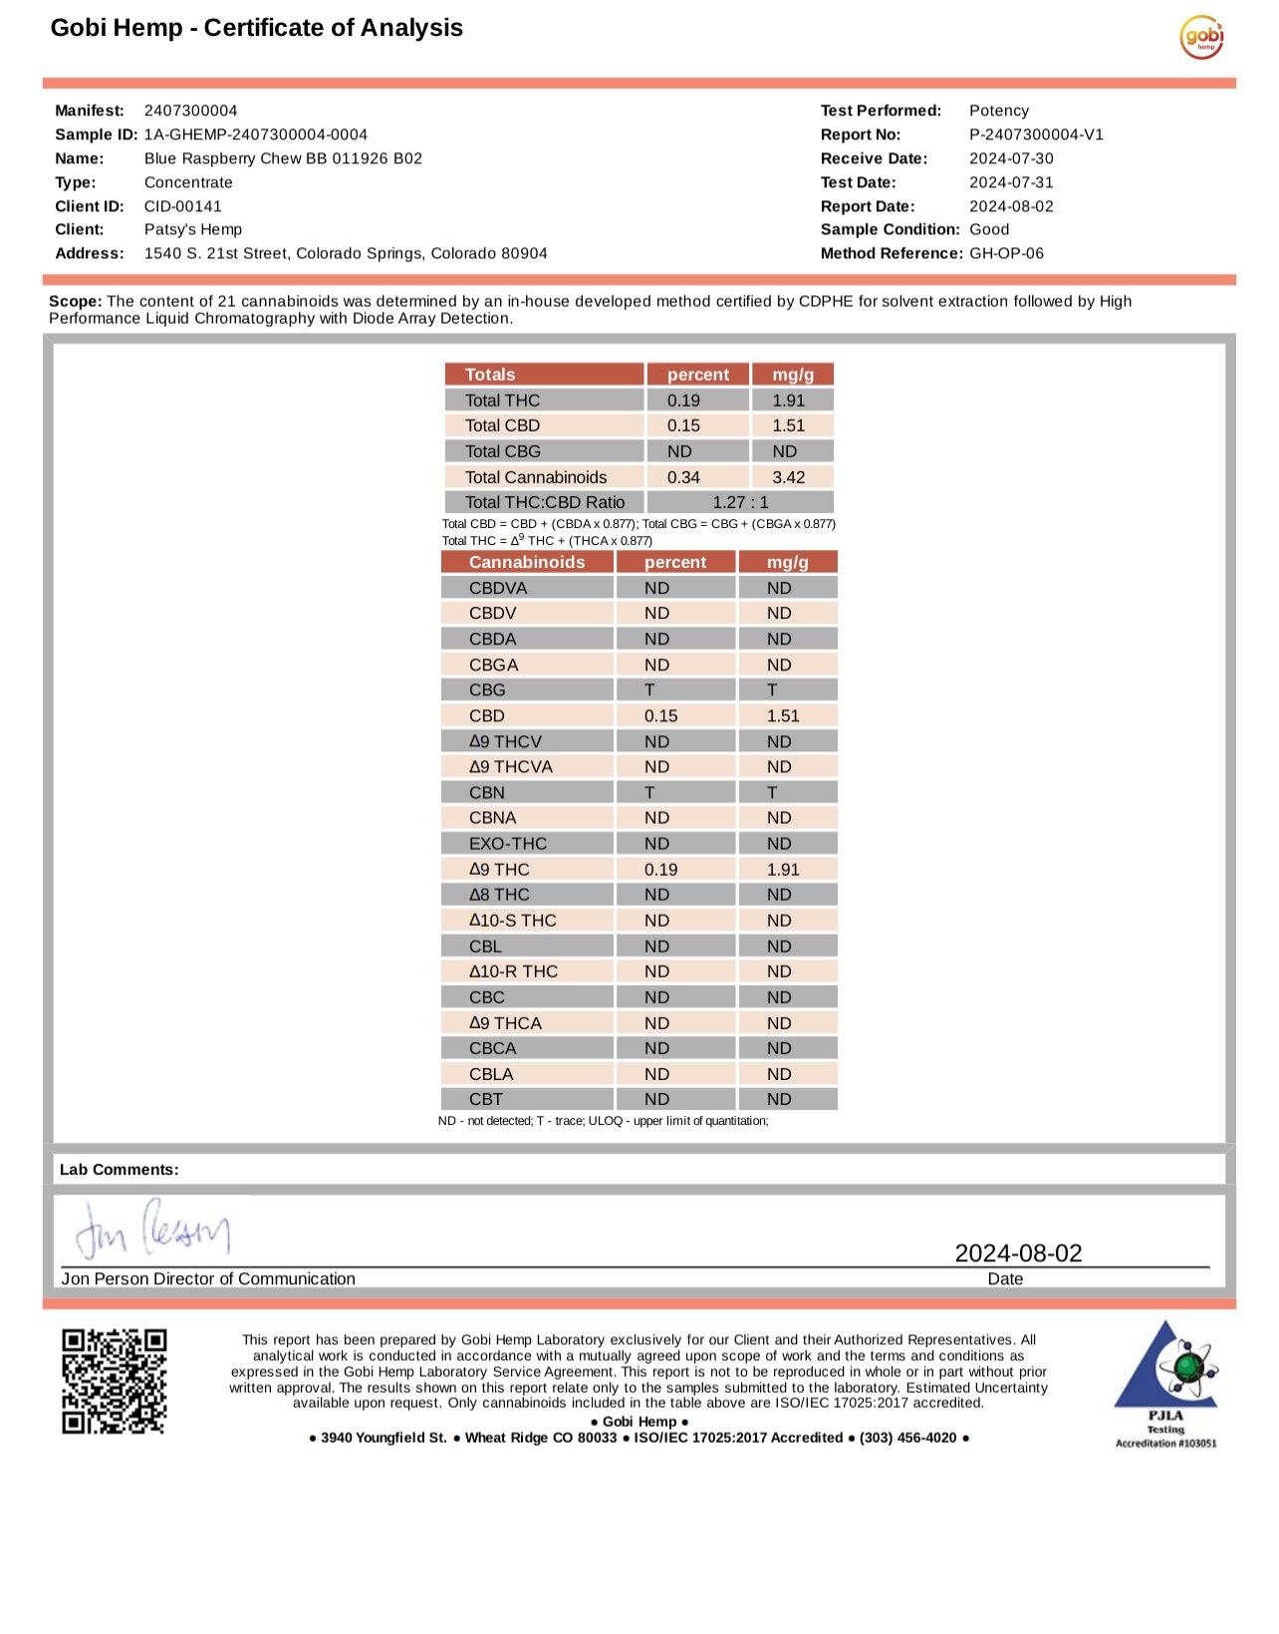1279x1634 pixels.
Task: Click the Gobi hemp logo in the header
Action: pos(1201,37)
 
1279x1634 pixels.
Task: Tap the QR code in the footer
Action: pos(115,1381)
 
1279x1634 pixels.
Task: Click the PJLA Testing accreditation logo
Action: pos(1165,1383)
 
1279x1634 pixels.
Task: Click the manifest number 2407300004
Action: pos(190,111)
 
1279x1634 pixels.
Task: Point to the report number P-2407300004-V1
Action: pos(1036,135)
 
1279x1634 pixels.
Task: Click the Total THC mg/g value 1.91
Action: pos(789,401)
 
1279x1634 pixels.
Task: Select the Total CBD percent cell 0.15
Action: pos(684,425)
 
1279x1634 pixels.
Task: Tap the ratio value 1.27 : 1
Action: pos(740,502)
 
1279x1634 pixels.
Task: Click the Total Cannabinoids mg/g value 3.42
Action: pos(789,477)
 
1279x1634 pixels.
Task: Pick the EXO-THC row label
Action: pos(508,844)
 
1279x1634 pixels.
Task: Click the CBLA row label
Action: pos(491,1074)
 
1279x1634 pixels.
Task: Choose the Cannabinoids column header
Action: pos(527,562)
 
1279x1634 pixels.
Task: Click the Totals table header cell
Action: pos(490,375)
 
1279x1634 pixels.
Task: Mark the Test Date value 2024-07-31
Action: pos(1011,182)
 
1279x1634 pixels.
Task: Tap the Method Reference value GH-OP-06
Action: pos(1006,253)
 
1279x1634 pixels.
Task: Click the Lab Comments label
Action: pos(120,1170)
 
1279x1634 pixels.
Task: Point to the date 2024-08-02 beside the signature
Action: pos(1018,1253)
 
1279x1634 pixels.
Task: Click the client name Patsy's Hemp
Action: pos(193,229)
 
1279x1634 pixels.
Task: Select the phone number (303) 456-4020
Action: pos(907,1438)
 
